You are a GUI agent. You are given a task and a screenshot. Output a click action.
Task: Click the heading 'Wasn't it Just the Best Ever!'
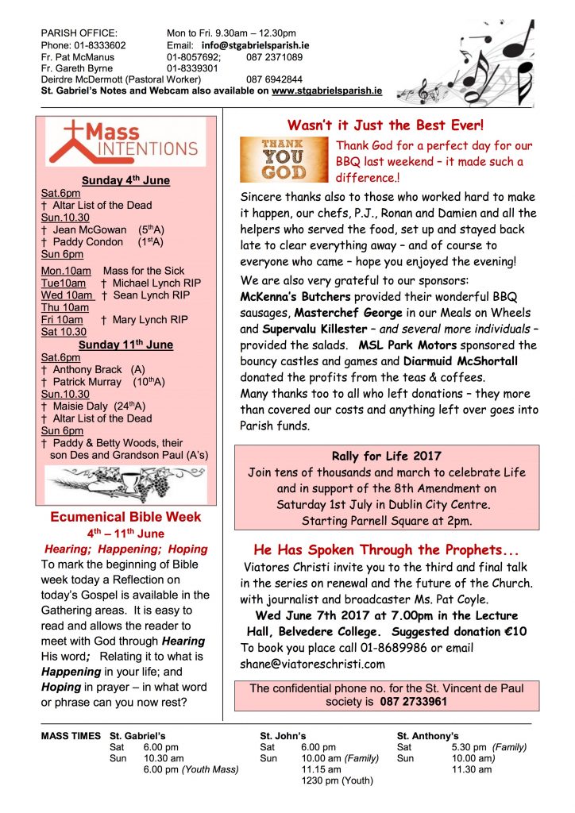coord(385,125)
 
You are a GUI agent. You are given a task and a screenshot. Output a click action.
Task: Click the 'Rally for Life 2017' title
coord(385,456)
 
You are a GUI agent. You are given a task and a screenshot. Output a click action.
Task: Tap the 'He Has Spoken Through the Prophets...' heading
coord(385,549)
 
